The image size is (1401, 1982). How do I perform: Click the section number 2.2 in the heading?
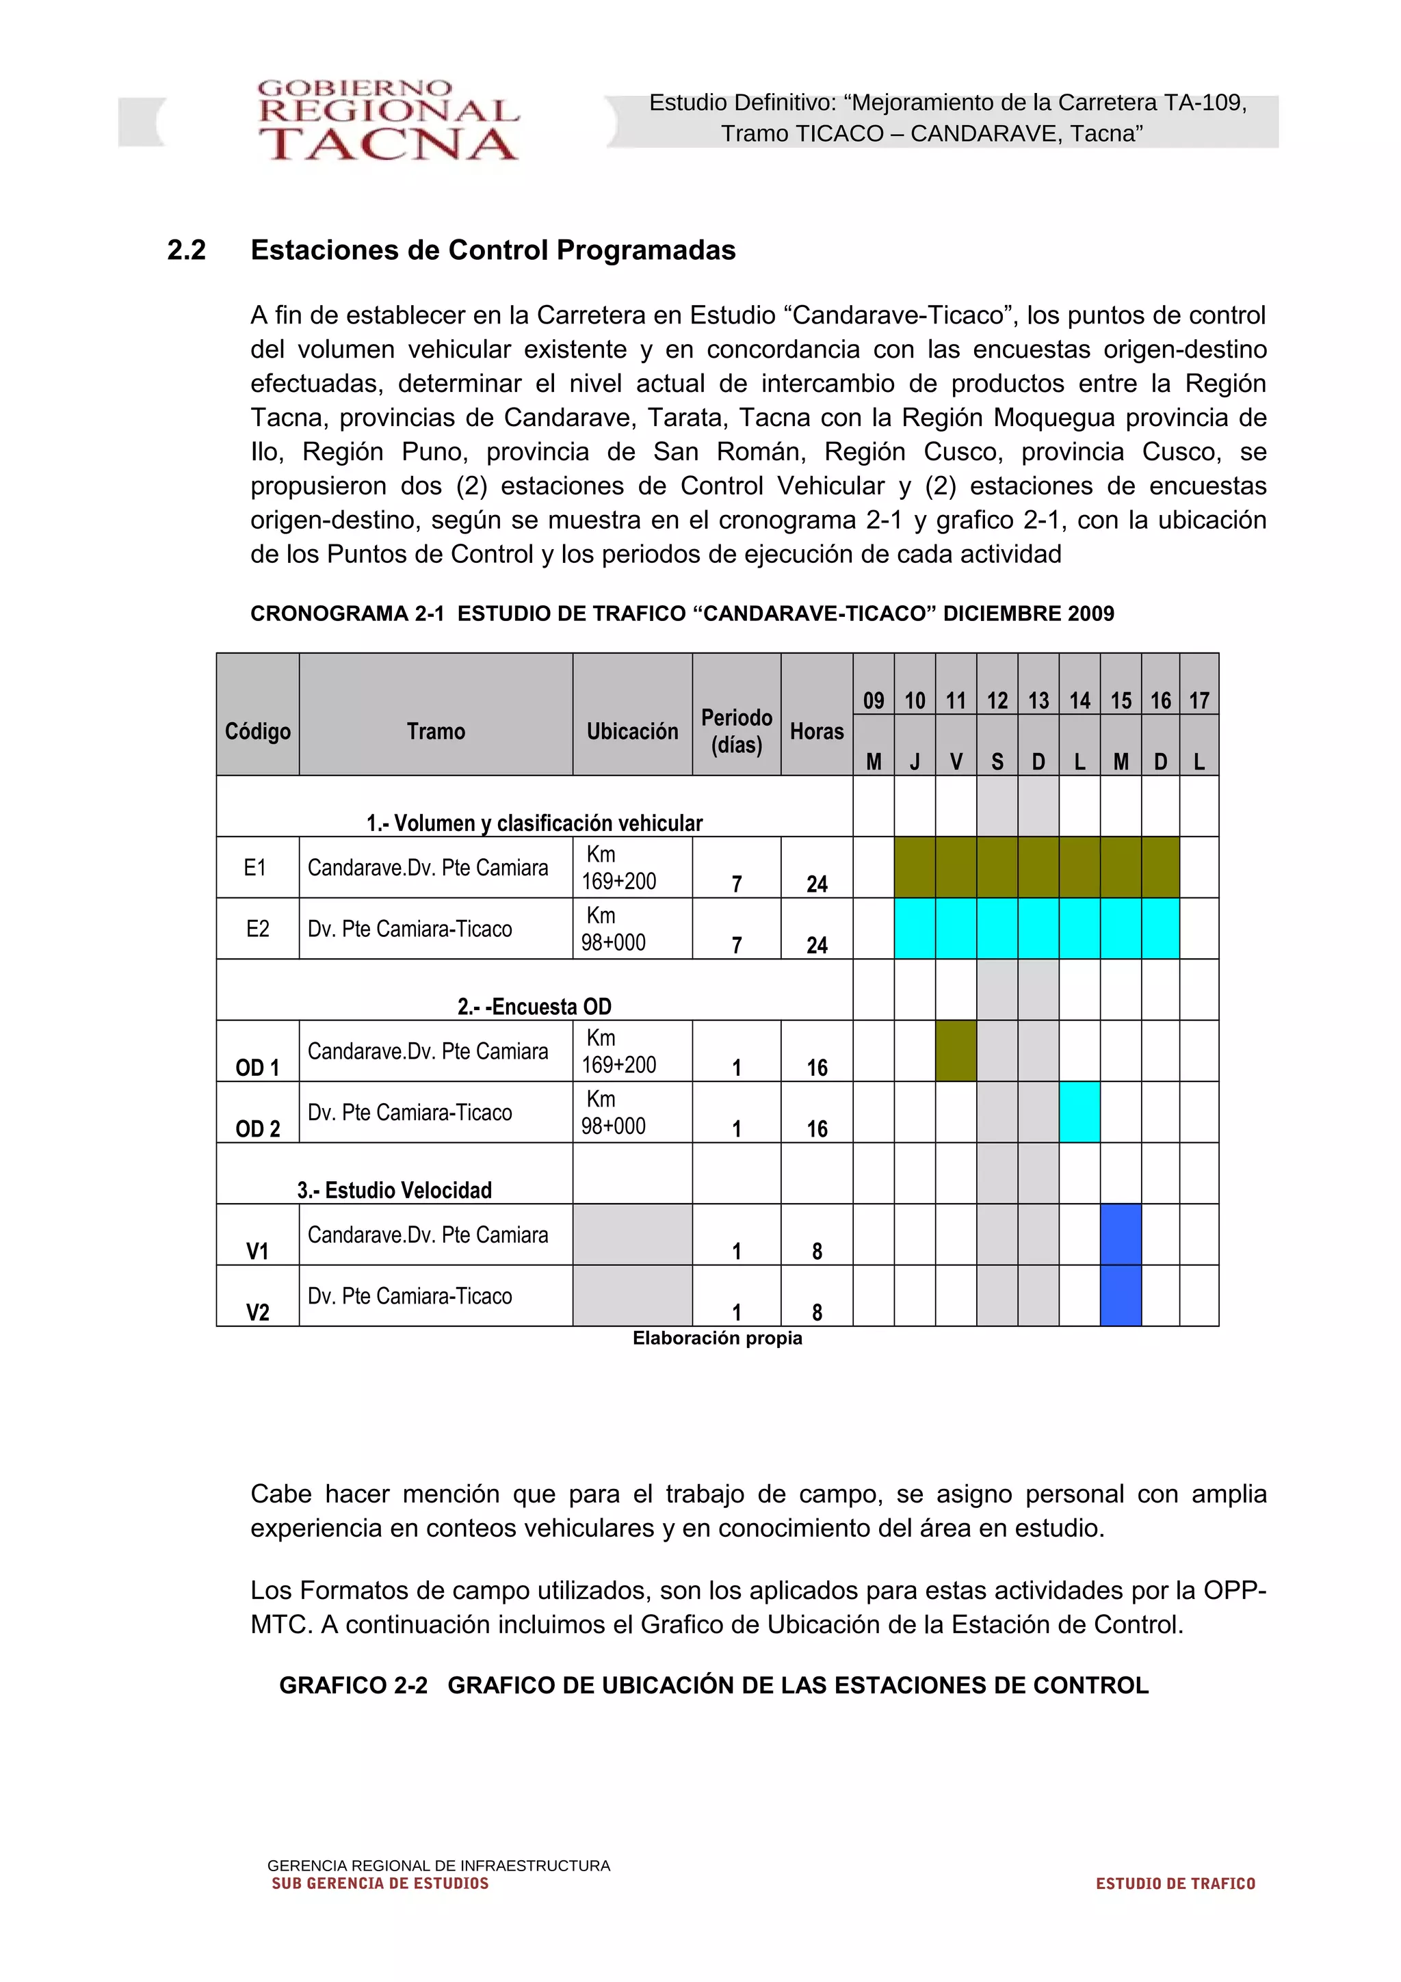(187, 250)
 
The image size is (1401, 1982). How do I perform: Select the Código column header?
(257, 731)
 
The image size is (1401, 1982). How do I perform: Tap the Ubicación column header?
(632, 731)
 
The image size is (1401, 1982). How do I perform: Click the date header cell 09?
(873, 700)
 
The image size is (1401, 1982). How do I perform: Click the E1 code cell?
(256, 868)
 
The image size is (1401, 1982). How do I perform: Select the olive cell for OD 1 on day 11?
(956, 1051)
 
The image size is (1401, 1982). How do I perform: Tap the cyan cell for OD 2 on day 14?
(1079, 1112)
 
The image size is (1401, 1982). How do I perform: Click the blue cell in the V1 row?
(1120, 1234)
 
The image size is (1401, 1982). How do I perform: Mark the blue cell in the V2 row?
(1120, 1295)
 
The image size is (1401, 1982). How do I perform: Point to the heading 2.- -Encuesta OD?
(534, 1007)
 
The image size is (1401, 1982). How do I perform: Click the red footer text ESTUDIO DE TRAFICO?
(1175, 1884)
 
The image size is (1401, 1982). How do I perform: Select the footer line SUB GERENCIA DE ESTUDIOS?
(380, 1884)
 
